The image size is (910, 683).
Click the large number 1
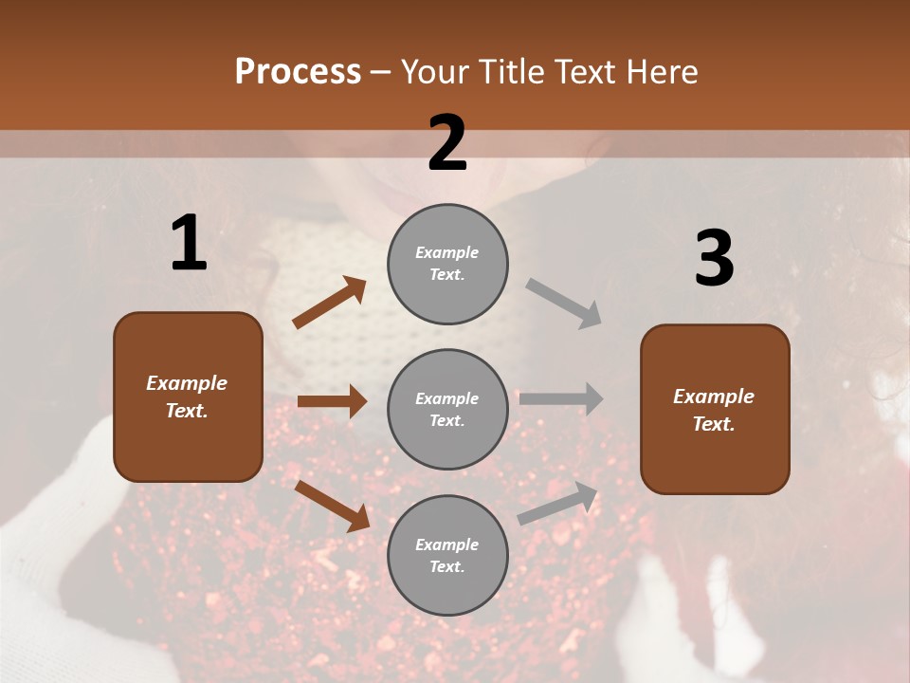point(189,243)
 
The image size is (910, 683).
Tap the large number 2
point(447,143)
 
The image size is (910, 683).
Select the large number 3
point(714,258)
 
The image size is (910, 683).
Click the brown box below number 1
point(188,397)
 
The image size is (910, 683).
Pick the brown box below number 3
point(715,409)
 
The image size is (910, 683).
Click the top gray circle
point(447,263)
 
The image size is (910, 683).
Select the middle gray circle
point(447,409)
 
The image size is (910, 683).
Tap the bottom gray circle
point(447,555)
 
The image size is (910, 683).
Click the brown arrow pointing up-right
point(329,303)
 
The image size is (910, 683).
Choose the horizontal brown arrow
point(332,401)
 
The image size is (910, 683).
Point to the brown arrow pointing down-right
point(332,505)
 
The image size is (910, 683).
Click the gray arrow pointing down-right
point(563,304)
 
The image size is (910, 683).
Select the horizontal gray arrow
point(560,398)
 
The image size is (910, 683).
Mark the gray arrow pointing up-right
point(557,503)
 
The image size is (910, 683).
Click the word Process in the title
point(298,71)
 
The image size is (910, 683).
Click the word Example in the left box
point(187,383)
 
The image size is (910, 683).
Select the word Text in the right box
point(713,424)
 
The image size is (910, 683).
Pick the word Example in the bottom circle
point(447,545)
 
